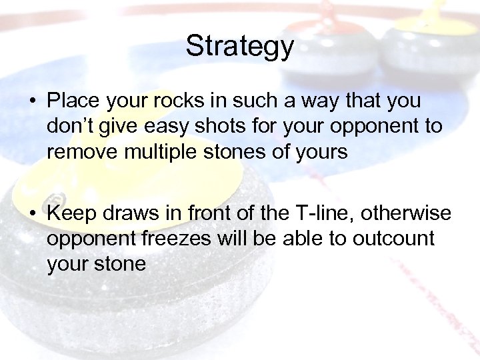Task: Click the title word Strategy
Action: pos(239,46)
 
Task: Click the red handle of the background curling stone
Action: pos(333,13)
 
